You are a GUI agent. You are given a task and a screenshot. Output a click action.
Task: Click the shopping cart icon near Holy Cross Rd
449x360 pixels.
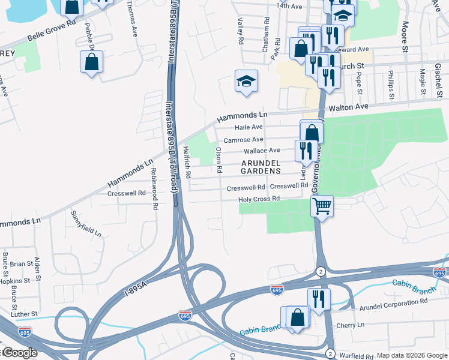click(322, 206)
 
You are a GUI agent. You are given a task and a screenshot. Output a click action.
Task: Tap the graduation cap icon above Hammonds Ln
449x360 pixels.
click(246, 81)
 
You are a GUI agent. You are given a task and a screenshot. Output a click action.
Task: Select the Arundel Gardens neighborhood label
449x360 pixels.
click(261, 166)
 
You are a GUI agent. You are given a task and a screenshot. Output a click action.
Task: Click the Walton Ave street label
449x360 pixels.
click(349, 107)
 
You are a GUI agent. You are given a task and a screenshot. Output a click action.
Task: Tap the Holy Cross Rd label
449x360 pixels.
click(259, 199)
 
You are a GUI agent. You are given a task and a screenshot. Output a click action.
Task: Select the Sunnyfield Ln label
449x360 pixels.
click(86, 223)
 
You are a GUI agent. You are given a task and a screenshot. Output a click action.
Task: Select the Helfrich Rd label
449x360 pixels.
click(187, 162)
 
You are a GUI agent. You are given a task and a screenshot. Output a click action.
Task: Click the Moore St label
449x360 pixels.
click(405, 37)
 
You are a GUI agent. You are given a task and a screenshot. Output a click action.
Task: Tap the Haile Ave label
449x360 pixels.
click(249, 127)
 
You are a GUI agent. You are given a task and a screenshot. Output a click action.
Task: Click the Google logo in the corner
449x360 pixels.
click(19, 353)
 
